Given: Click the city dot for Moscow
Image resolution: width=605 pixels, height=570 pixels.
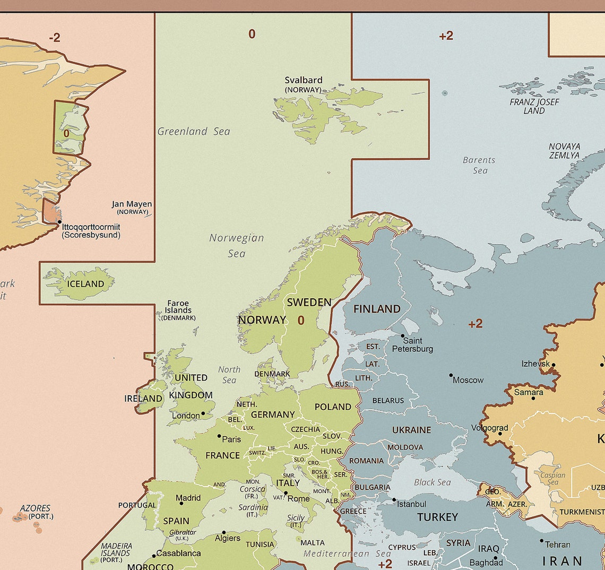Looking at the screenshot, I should coord(451,375).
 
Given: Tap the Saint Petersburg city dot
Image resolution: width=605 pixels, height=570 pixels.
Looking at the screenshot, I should coord(403,336).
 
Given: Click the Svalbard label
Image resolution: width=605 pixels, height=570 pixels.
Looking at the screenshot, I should coord(303,81).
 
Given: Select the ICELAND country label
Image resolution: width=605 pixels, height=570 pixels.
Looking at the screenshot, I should coord(85,284).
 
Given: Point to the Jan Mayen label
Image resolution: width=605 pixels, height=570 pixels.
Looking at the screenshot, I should coord(132,204).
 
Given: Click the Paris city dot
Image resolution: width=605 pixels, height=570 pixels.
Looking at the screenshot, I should coord(219,436).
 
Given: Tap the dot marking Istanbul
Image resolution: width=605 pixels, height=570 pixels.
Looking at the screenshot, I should coord(394,500).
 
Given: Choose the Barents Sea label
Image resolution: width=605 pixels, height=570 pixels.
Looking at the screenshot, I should coord(479,165).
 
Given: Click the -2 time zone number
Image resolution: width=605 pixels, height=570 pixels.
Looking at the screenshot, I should coord(54,38).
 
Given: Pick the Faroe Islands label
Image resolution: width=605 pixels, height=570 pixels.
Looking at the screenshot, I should coord(178,307).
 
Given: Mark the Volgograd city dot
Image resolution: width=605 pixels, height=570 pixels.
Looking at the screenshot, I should coord(499,434).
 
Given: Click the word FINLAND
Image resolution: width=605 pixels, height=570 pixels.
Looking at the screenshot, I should coord(377,309).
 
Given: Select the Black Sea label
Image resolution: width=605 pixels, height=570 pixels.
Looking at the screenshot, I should coord(432,482).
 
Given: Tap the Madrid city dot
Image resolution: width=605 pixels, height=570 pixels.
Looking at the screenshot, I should coord(181,503).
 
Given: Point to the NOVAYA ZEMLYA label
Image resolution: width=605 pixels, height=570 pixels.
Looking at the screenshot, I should coord(564,151).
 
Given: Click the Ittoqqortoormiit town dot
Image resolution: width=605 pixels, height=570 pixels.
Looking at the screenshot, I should coord(59,222).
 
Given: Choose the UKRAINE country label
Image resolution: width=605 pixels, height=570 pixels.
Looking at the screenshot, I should coord(411,430).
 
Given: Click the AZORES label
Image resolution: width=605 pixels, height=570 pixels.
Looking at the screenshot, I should coord(36,508).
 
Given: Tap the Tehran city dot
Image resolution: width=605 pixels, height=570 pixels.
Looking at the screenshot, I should coord(541,541).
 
